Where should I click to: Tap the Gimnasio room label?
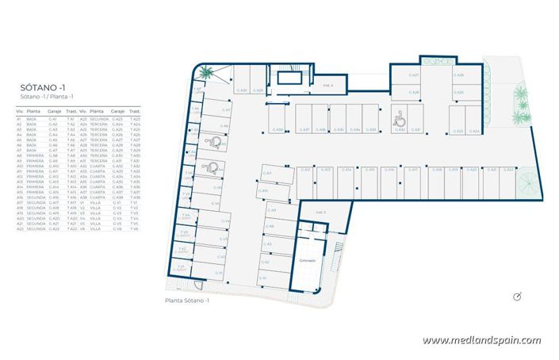307,260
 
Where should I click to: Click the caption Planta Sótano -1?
186,301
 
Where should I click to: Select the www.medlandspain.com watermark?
481,341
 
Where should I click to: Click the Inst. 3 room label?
321,212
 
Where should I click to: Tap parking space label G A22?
510,169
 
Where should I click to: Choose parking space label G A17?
413,169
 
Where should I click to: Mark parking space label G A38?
279,129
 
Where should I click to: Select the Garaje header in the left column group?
53,112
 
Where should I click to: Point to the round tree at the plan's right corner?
525,182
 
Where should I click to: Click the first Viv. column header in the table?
20,112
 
